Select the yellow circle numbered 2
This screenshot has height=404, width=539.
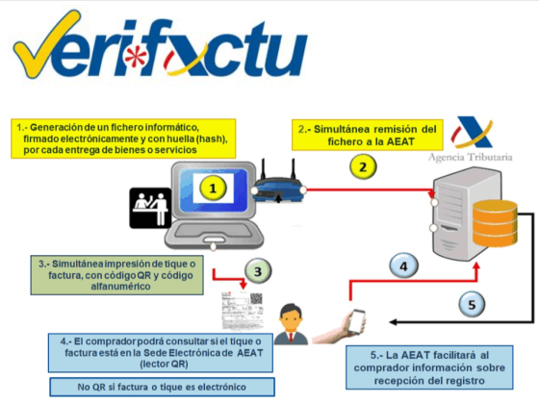362,166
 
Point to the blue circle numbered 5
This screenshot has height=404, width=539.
470,306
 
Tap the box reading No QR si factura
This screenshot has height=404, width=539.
158,387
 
